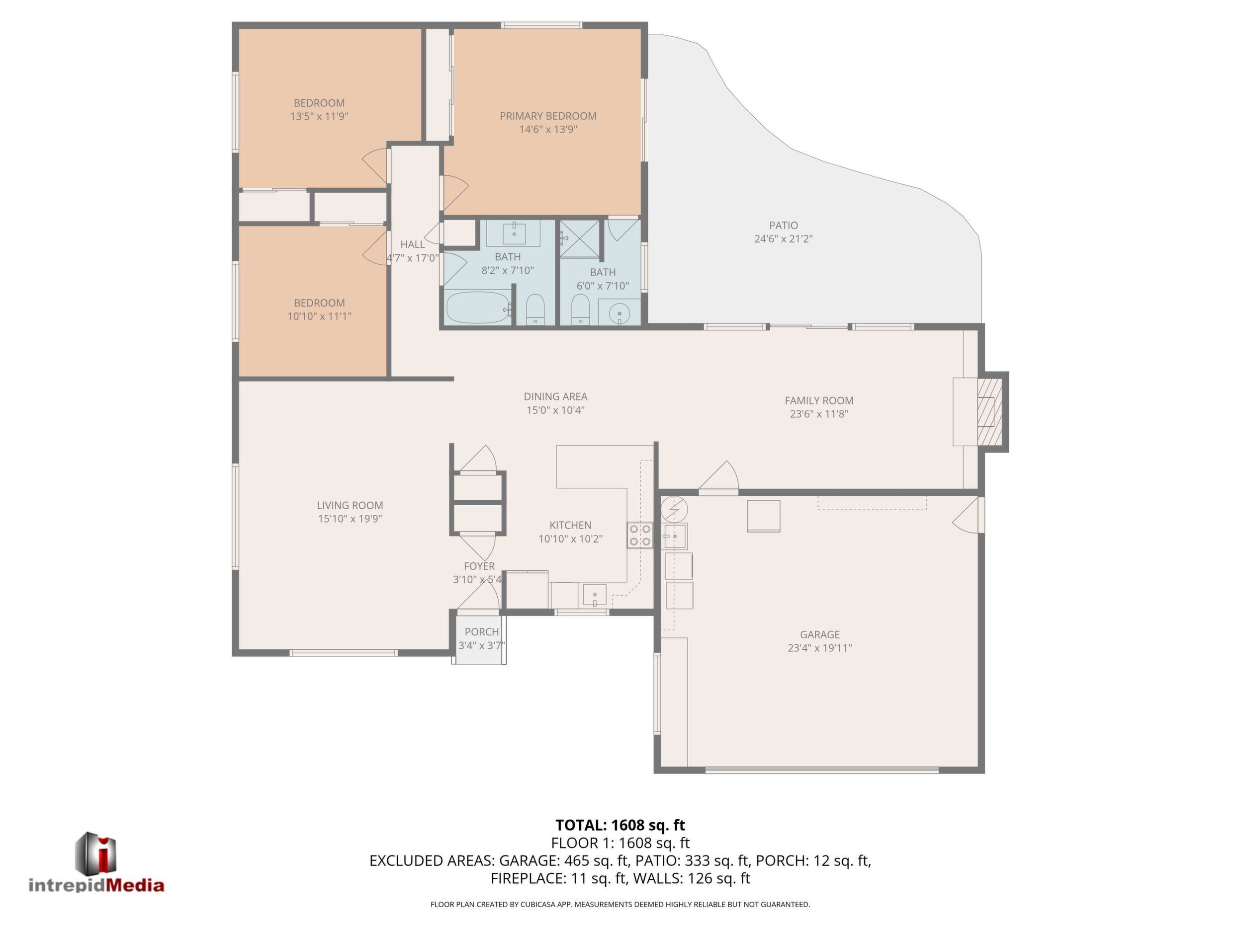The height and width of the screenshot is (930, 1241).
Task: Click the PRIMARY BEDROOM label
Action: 548,116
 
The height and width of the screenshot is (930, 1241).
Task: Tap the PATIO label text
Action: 783,226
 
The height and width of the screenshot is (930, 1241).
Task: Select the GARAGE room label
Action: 820,634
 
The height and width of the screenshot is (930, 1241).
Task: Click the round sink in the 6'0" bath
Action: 620,312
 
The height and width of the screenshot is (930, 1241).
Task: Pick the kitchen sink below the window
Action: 594,595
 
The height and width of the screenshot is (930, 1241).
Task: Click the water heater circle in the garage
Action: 674,509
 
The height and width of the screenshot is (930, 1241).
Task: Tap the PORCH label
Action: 481,632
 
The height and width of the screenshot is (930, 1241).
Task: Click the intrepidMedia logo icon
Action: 96,852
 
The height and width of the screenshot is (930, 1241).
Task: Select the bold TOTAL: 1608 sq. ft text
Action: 620,825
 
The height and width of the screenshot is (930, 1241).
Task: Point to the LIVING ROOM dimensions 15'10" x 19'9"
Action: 350,519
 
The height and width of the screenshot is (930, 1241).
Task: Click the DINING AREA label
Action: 555,396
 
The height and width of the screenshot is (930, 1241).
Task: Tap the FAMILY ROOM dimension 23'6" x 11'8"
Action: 818,414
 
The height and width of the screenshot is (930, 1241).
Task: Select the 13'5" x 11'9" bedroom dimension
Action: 319,117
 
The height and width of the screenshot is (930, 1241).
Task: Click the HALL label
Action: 412,244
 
